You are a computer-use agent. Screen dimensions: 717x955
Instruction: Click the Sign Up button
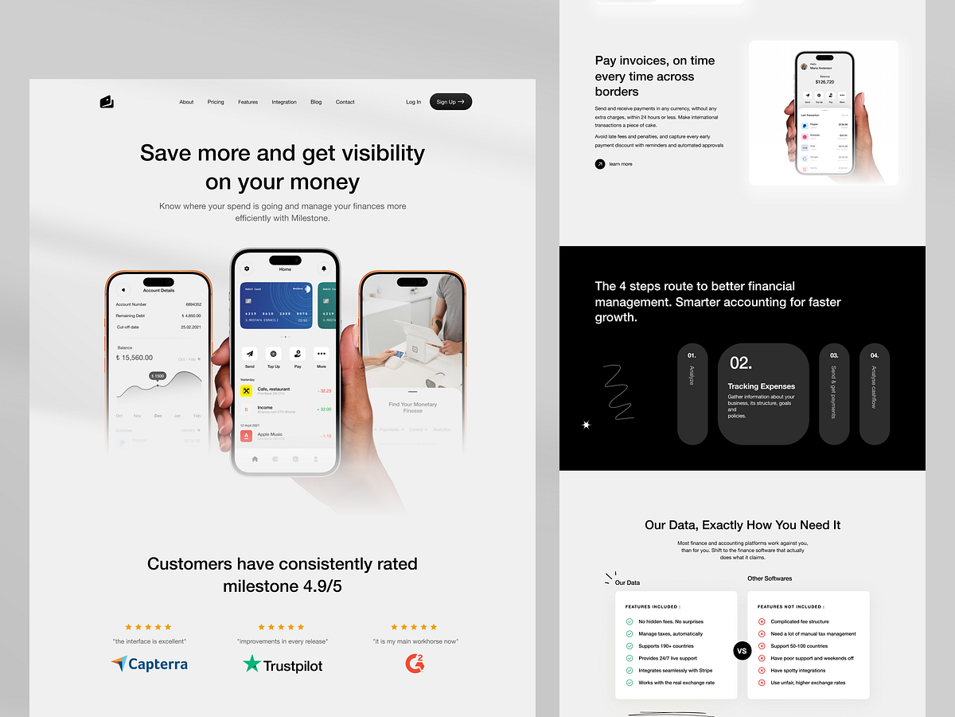(450, 102)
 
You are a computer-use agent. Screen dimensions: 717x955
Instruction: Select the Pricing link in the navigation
(216, 102)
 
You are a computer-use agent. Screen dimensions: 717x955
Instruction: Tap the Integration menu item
(284, 102)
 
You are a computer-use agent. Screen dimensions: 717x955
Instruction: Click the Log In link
(413, 102)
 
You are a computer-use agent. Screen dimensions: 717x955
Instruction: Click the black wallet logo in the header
(107, 101)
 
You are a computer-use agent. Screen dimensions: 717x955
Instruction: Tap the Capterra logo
(150, 664)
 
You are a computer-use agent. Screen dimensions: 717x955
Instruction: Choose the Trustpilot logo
(283, 664)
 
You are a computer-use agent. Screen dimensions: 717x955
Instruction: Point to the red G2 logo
(415, 663)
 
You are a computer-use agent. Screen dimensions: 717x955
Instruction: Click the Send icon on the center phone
(250, 354)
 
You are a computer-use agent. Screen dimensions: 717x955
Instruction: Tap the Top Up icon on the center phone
(274, 354)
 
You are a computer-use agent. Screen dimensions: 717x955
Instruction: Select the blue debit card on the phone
(276, 305)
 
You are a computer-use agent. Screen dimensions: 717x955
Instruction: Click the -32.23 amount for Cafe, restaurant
(325, 391)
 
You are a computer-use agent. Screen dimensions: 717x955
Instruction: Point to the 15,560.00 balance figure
(134, 358)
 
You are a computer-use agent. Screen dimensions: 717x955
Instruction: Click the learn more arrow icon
(600, 164)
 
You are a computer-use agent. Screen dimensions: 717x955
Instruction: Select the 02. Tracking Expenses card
(763, 394)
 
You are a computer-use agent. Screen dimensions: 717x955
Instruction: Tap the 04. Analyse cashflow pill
(874, 394)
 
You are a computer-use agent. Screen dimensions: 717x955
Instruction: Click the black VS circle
(742, 651)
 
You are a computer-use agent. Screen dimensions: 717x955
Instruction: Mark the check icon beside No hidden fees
(630, 621)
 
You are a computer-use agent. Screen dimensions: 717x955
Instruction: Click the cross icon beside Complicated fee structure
(762, 621)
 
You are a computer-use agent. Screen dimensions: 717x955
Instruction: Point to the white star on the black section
(587, 425)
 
